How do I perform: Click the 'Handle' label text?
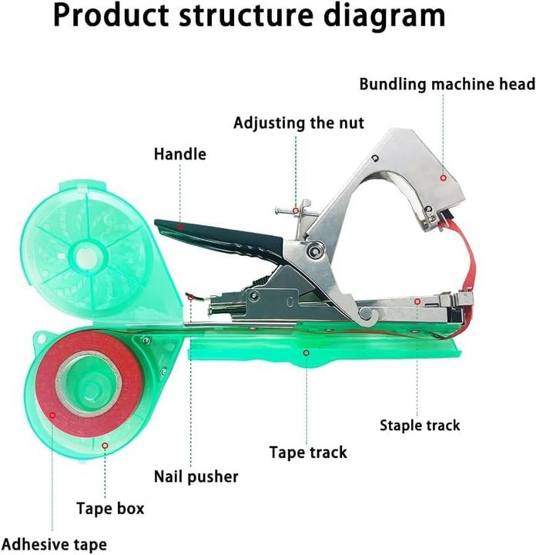(179, 154)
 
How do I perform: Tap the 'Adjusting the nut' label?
(299, 123)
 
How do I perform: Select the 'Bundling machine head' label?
(447, 83)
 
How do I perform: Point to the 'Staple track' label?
(420, 425)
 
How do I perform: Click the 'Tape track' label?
(308, 452)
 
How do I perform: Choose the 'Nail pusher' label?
(196, 476)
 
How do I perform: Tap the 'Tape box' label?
(109, 509)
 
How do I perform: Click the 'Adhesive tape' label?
(54, 544)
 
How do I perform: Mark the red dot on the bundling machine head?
(443, 177)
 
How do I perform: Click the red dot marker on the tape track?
(306, 352)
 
